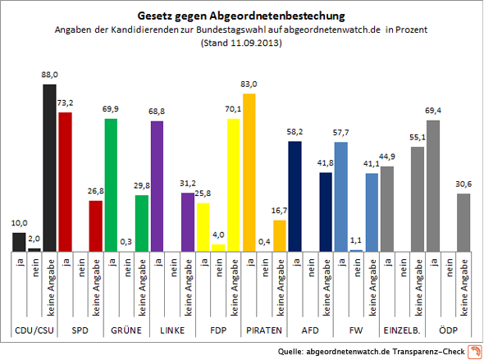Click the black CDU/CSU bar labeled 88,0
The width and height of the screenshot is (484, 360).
tap(49, 166)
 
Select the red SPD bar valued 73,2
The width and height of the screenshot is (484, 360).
tap(65, 181)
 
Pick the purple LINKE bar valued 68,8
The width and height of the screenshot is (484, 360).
tap(157, 185)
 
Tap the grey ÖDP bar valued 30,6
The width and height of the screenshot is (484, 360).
tap(463, 222)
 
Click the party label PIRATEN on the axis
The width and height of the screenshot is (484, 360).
tap(264, 330)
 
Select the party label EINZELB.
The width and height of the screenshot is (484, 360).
tap(402, 330)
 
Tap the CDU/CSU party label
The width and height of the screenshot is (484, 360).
tap(34, 330)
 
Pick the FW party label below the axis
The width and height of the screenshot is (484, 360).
tap(356, 330)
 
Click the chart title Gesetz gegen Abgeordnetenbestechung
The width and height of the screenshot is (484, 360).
tap(241, 16)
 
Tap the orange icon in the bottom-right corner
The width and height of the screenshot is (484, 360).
tap(474, 351)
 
